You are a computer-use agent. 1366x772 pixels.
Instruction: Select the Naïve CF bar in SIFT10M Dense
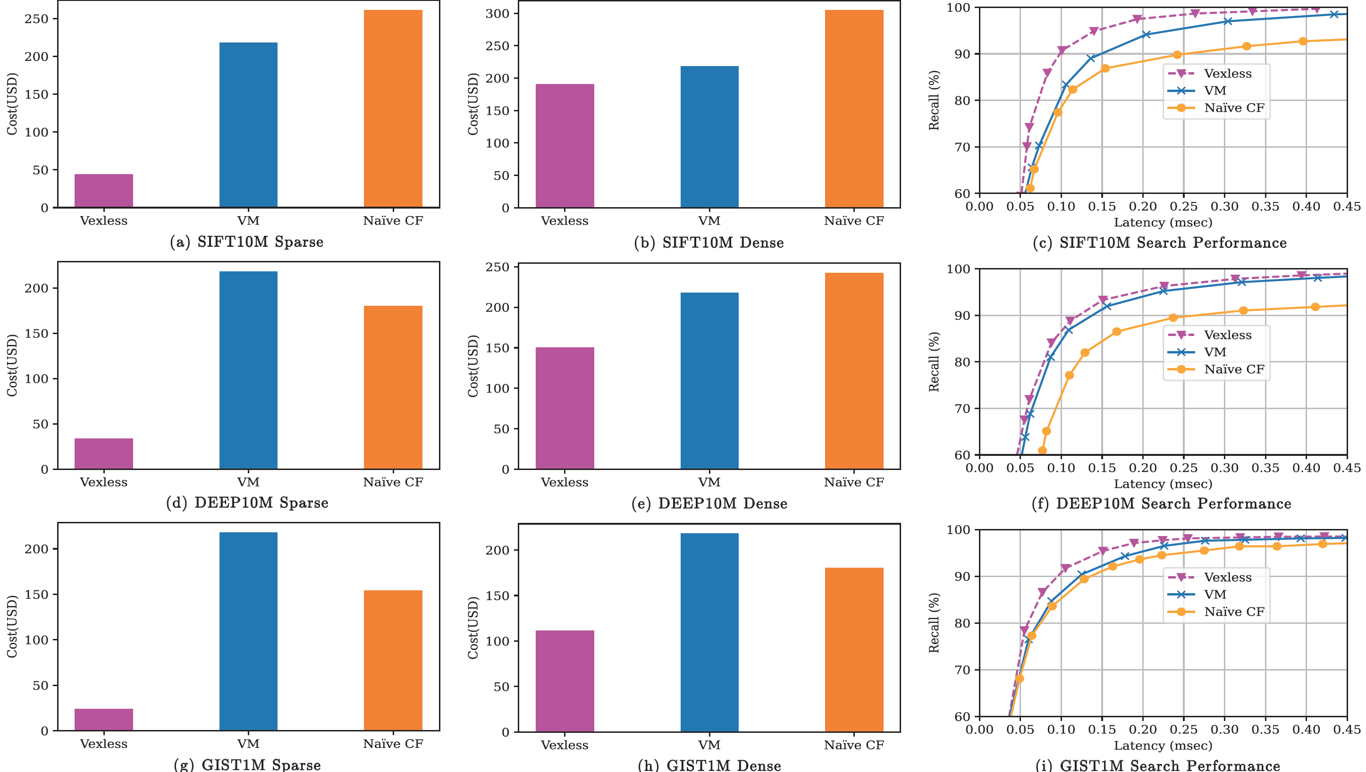[854, 109]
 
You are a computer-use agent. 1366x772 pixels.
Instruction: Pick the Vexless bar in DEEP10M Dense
[564, 408]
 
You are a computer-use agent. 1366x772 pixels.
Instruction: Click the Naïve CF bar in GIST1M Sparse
[393, 660]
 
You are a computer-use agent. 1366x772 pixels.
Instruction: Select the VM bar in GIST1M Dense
[709, 632]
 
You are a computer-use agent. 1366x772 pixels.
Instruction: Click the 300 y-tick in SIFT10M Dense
[497, 14]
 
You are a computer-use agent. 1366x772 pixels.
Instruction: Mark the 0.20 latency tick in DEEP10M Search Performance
[1143, 468]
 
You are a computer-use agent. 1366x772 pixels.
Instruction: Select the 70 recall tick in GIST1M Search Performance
[962, 670]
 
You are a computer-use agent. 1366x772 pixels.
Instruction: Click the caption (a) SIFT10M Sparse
[246, 242]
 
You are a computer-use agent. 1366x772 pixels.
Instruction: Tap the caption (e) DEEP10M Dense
[709, 503]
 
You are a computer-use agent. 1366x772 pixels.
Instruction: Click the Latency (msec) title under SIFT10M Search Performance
[1163, 223]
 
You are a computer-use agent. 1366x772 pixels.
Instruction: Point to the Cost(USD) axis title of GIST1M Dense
[473, 628]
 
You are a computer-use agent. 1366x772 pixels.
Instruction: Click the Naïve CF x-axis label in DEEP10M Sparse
[393, 482]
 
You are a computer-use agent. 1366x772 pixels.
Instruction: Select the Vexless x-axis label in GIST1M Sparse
[103, 744]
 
